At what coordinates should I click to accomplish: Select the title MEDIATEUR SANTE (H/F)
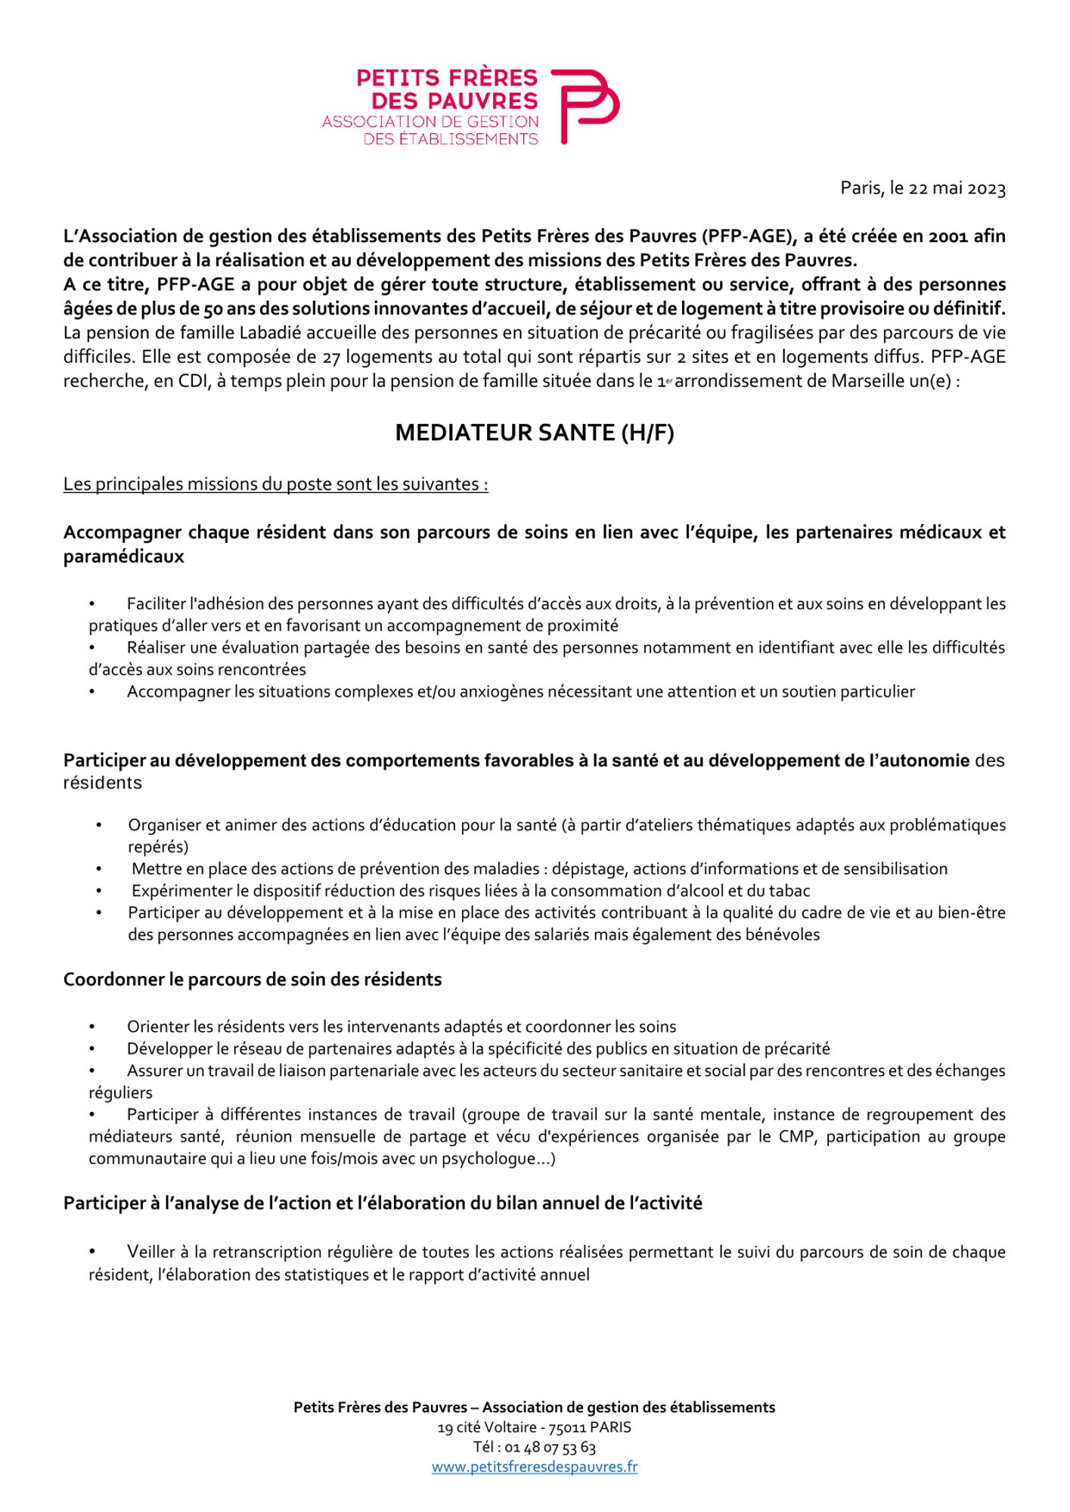point(535,432)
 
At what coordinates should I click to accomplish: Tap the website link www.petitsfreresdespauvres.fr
point(535,1467)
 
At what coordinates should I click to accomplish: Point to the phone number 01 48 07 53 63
point(555,1447)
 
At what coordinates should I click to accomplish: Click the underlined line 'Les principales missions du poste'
point(275,484)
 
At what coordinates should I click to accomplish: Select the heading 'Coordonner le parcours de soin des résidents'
point(253,979)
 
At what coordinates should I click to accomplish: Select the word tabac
point(790,891)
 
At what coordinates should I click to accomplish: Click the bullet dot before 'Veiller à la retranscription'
point(92,1252)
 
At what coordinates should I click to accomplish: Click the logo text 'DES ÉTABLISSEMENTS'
point(451,139)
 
